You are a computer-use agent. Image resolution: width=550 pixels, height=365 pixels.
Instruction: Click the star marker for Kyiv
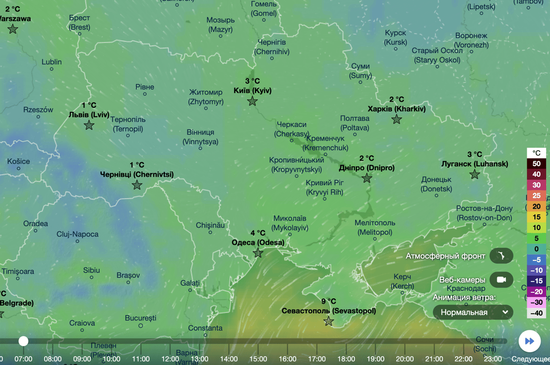252,101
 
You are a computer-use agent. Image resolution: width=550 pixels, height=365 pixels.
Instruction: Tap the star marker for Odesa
258,253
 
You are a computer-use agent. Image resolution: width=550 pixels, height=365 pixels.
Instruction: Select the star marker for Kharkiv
397,120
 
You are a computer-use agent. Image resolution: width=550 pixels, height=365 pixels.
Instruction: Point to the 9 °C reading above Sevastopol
328,301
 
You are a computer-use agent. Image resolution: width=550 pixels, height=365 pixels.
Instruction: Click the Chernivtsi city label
137,174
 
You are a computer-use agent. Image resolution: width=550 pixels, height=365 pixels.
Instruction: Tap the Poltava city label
355,123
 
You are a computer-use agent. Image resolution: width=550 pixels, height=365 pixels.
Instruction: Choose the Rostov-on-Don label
484,213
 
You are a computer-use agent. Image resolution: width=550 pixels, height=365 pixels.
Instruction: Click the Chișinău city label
210,225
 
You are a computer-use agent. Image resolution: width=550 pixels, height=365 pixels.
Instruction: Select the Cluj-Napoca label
77,234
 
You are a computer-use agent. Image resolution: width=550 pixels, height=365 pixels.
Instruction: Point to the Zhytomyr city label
206,97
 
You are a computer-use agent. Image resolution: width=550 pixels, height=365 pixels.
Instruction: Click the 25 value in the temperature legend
536,196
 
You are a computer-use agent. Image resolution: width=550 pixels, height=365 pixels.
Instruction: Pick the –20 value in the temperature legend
536,292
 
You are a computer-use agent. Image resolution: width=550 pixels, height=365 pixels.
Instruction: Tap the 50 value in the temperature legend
536,163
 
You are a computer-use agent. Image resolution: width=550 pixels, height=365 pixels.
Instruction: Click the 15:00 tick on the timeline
258,359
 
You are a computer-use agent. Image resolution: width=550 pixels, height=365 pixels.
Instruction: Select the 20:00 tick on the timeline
405,359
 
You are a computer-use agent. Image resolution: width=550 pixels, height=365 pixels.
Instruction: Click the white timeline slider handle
23,341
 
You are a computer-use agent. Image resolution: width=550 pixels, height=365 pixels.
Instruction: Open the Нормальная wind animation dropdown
473,312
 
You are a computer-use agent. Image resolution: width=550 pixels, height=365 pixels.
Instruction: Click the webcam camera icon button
501,280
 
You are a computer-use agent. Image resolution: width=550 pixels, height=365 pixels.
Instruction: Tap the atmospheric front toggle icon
501,256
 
